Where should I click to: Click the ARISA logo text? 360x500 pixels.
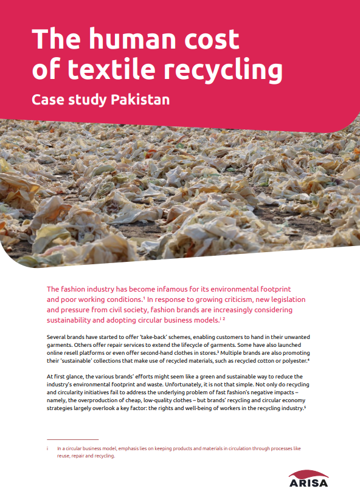pyautogui.click(x=308, y=484)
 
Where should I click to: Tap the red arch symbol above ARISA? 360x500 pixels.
pyautogui.click(x=308, y=473)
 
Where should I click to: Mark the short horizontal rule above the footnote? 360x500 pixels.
pyautogui.click(x=72, y=439)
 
